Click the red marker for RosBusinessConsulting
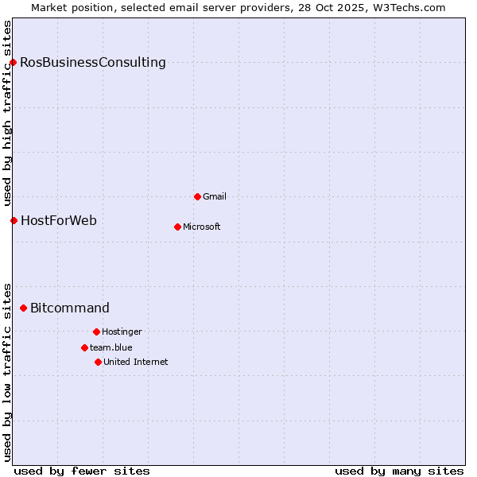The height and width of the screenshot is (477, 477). coord(13,62)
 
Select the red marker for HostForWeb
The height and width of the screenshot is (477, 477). coord(14,220)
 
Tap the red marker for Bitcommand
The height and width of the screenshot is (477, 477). coord(23,308)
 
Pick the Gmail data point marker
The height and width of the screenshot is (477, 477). coord(197,196)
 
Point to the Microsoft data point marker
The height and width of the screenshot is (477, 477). coord(177,227)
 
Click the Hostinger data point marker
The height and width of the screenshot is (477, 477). coord(96,332)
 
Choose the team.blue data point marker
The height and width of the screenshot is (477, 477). coord(84,347)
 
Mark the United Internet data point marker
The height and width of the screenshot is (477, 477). coord(98,362)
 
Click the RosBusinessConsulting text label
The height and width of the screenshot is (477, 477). coord(93,62)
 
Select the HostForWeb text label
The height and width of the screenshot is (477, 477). coord(59,220)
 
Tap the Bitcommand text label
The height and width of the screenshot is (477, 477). coord(70,308)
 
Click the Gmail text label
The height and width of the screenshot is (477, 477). coord(215,196)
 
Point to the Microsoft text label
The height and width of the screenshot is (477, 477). coord(202,227)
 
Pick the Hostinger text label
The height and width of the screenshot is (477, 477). coord(122,332)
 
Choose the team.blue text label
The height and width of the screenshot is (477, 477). coord(111,347)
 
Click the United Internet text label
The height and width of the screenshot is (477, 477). coord(136,362)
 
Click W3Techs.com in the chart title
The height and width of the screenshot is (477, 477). coord(406,7)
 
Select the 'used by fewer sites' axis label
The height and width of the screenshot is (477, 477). coord(82,471)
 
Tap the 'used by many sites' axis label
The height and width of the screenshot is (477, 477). coord(399,471)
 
